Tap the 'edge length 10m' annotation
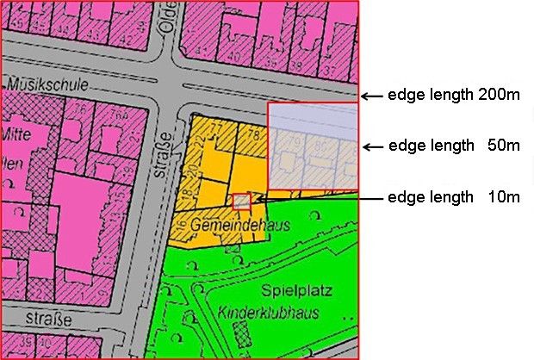pos(454,197)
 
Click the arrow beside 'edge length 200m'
pos(371,96)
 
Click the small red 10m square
pos(242,201)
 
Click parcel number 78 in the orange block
pos(251,134)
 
